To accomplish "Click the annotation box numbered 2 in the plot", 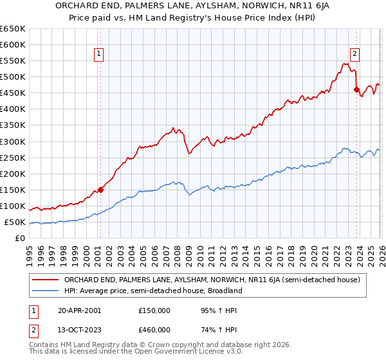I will [x=354, y=55].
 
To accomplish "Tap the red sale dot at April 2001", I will [x=100, y=190].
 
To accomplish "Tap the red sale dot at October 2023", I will [x=356, y=89].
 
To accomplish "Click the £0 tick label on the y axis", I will [x=21, y=239].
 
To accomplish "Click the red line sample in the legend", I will [x=46, y=280].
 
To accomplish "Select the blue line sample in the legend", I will [x=46, y=291].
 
